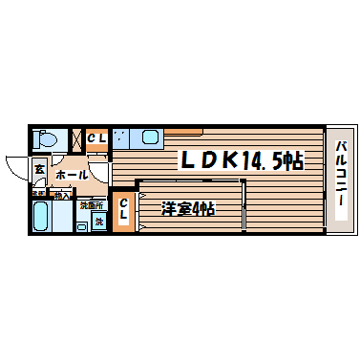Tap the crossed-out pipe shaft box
[77, 140]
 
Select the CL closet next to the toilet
[97, 139]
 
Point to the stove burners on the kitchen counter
[119, 138]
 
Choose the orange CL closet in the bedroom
[124, 212]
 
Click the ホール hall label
[72, 175]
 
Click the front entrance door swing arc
[16, 167]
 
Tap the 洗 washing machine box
[98, 222]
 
